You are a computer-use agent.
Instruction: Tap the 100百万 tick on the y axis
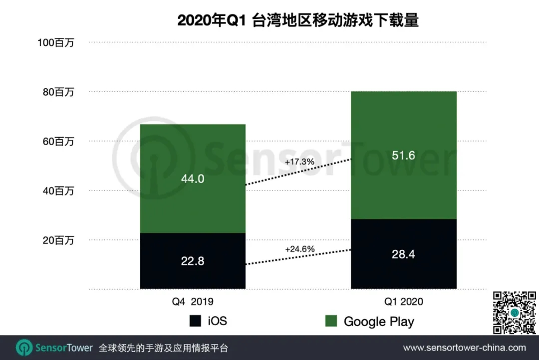pyautogui.click(x=56, y=43)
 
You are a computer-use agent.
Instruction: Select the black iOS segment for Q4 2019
pyautogui.click(x=193, y=261)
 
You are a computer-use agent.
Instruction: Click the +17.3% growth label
pyautogui.click(x=299, y=162)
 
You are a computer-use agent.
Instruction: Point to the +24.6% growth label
pyautogui.click(x=299, y=248)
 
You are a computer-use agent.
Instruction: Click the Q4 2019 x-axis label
pyautogui.click(x=193, y=301)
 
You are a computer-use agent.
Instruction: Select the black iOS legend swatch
pyautogui.click(x=195, y=321)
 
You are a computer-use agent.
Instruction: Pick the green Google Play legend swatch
pyautogui.click(x=331, y=321)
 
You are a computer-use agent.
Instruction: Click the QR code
pyautogui.click(x=515, y=313)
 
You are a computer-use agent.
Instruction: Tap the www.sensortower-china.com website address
pyautogui.click(x=464, y=348)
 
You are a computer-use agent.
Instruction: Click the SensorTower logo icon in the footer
pyautogui.click(x=24, y=348)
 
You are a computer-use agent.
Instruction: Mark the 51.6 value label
pyautogui.click(x=403, y=156)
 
